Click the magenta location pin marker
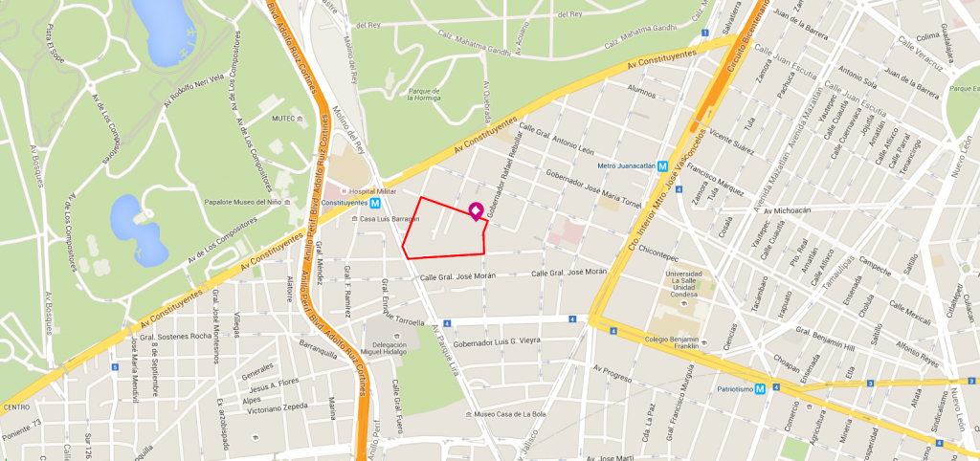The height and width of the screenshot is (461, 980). (475, 211)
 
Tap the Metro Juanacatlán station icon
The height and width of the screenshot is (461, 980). (662, 165)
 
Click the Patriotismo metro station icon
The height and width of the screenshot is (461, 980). (759, 389)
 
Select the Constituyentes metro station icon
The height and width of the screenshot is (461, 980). (376, 203)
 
